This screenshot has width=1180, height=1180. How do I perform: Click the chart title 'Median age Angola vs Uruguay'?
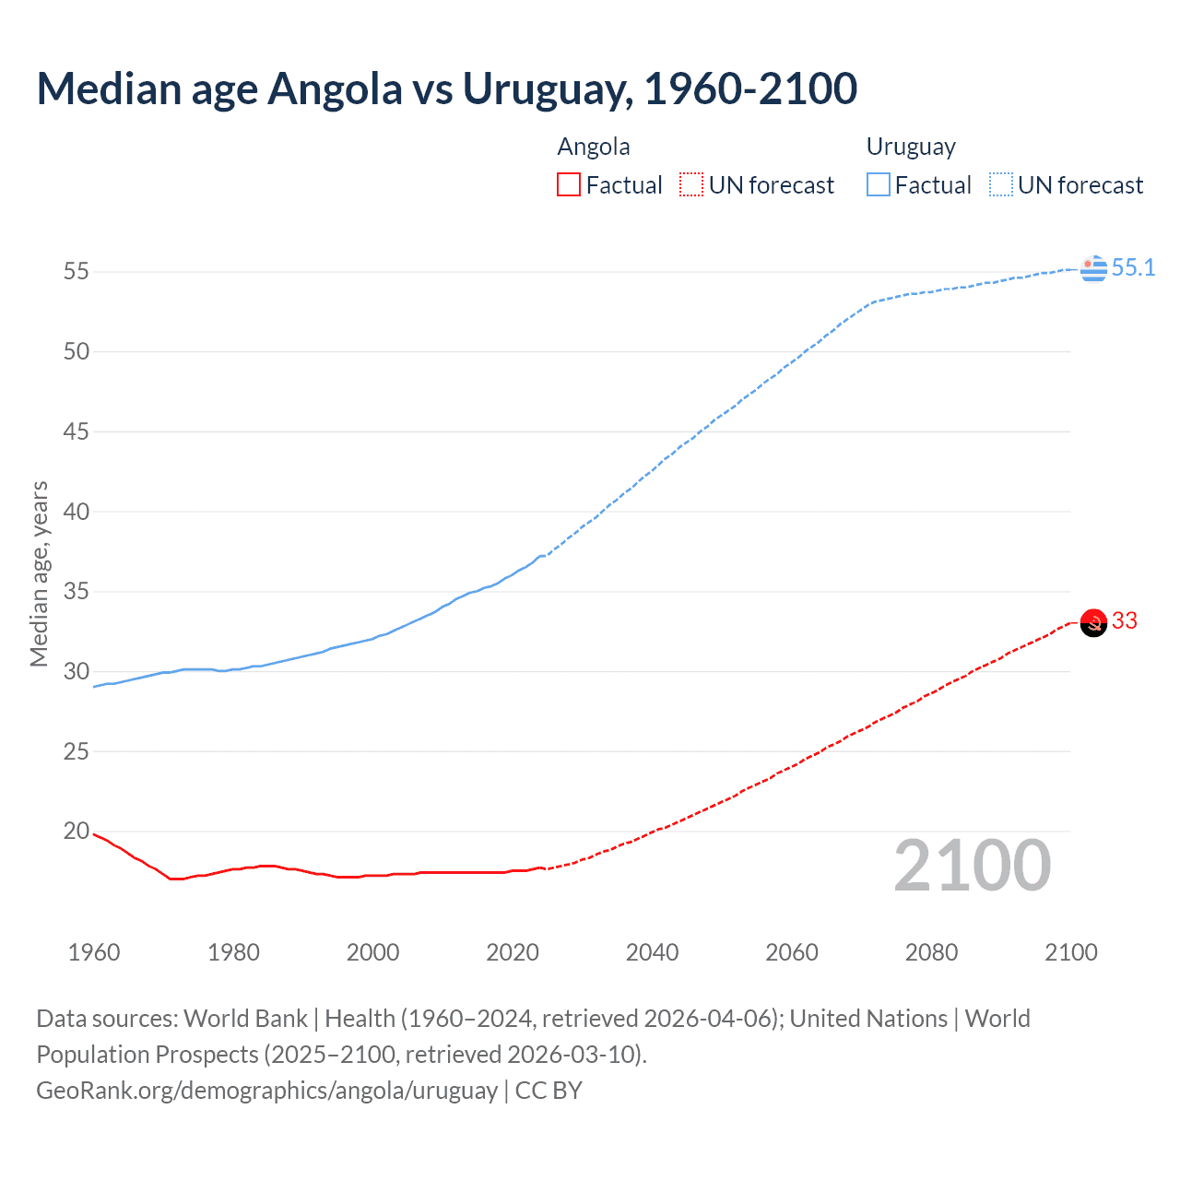click(x=447, y=88)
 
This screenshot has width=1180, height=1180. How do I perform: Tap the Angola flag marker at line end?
click(x=1093, y=623)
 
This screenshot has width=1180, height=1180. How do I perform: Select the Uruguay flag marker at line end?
click(x=1093, y=268)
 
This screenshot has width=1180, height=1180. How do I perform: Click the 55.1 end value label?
click(x=1133, y=268)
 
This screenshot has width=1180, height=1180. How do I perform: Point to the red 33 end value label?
click(x=1125, y=621)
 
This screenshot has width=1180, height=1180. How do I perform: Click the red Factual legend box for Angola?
click(x=569, y=185)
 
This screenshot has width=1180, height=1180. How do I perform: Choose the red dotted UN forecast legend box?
click(x=691, y=185)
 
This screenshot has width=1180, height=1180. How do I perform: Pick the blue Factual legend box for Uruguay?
click(x=879, y=185)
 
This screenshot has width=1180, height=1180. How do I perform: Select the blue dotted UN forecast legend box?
click(x=1001, y=185)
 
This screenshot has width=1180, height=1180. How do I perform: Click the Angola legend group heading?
click(x=594, y=147)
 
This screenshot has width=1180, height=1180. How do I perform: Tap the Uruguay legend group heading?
click(x=911, y=147)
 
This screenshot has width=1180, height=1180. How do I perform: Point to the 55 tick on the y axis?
click(x=77, y=272)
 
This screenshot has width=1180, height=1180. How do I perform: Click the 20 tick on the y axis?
click(x=77, y=832)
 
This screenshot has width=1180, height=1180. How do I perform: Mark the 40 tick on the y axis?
click(x=77, y=512)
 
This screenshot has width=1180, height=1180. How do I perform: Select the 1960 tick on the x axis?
click(x=94, y=952)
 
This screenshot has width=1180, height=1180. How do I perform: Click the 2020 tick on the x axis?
click(x=513, y=952)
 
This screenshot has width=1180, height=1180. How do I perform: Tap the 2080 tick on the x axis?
click(x=931, y=952)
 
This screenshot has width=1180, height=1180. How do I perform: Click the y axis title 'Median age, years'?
click(x=39, y=573)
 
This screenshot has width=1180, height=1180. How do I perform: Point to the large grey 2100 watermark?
click(x=973, y=866)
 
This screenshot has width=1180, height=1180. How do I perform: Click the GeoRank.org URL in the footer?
click(x=266, y=1091)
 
